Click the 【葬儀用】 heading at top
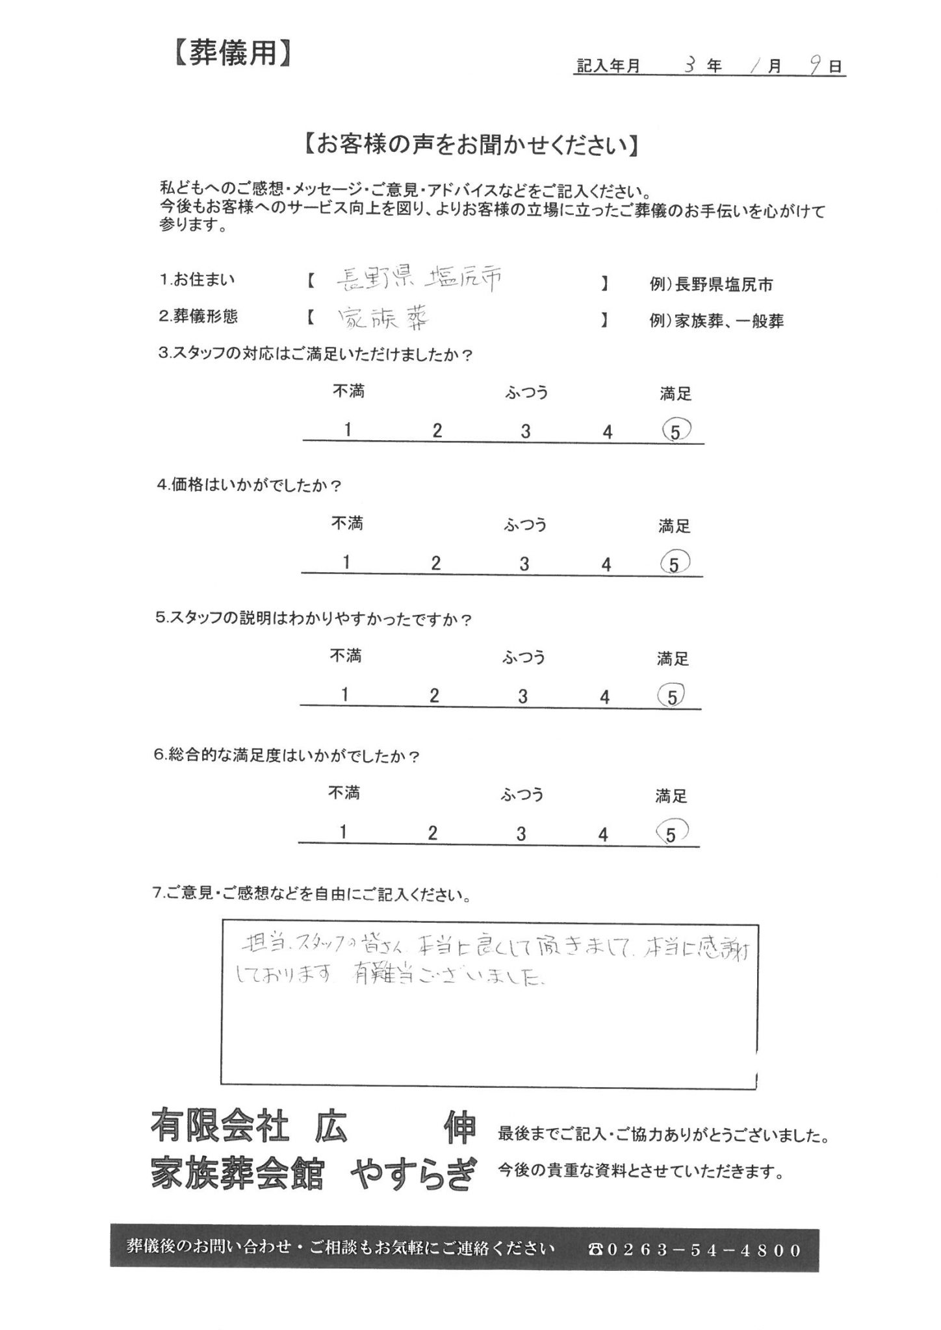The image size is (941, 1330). (231, 54)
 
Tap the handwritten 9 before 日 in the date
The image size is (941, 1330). (816, 66)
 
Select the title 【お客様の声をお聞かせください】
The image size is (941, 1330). (471, 145)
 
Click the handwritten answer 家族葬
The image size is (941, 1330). (384, 318)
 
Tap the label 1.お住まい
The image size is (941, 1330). (198, 281)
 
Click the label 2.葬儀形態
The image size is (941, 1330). (198, 316)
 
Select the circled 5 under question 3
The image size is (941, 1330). (675, 430)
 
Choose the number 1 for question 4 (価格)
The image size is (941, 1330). (347, 562)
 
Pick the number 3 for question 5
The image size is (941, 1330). (522, 697)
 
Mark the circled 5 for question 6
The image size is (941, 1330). (671, 833)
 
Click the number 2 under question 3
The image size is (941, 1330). (437, 431)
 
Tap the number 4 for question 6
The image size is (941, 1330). (603, 834)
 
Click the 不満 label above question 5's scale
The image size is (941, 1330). (346, 656)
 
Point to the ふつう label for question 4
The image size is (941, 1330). (525, 524)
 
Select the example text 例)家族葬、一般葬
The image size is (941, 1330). (716, 321)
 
